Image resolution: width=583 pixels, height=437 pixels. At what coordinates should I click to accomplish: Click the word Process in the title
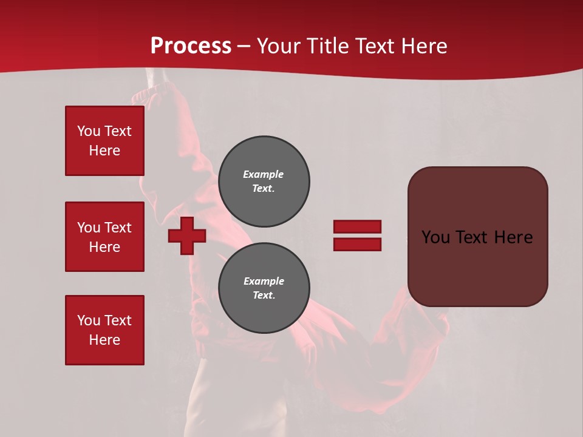click(191, 46)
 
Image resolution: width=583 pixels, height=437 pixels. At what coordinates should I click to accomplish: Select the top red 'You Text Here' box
click(104, 141)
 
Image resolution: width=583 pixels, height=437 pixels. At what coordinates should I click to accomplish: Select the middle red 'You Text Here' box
click(104, 237)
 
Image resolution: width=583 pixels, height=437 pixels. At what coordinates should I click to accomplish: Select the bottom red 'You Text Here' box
click(104, 330)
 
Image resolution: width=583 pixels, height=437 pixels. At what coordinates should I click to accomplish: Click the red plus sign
click(187, 235)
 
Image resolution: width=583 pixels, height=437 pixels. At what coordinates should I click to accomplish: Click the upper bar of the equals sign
click(357, 226)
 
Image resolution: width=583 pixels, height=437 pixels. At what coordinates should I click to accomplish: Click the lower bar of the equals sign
click(357, 245)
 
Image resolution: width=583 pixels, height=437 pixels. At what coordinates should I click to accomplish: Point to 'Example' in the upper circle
click(264, 174)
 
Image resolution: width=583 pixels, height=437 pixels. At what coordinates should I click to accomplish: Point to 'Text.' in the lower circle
click(264, 296)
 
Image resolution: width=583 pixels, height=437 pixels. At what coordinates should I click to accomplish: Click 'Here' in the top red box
click(104, 151)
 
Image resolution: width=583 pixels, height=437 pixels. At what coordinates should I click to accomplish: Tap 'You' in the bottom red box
click(89, 320)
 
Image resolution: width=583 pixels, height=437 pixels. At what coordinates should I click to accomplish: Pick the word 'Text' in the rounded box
click(477, 237)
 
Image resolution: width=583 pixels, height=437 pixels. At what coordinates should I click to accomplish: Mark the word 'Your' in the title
click(278, 46)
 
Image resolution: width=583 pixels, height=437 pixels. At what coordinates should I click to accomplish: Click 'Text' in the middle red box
click(117, 228)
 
